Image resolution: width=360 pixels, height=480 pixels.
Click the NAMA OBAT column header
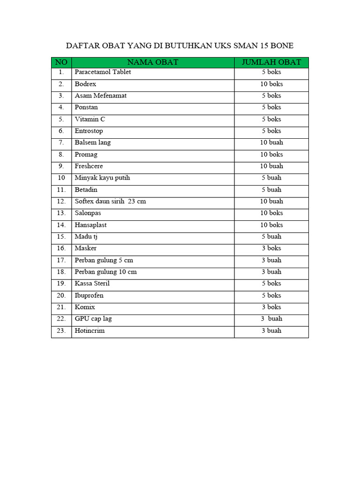[153, 62]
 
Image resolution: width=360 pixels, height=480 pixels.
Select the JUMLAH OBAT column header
[271, 62]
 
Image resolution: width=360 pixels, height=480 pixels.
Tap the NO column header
[61, 62]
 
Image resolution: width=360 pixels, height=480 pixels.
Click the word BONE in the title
[281, 45]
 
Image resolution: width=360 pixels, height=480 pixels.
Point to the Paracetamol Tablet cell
[103, 72]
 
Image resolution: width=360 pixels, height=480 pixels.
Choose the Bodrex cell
[85, 84]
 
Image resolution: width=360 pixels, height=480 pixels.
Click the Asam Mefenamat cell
[100, 96]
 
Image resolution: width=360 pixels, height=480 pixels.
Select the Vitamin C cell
[90, 119]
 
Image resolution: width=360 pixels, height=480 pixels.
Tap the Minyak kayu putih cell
[102, 178]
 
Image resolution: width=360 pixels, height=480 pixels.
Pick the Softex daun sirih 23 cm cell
[110, 201]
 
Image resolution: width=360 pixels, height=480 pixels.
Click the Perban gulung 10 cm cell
[105, 272]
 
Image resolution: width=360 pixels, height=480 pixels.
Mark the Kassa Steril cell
[92, 284]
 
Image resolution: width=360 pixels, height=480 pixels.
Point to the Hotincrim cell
[90, 330]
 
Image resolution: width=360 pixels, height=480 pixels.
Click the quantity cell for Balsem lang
[271, 142]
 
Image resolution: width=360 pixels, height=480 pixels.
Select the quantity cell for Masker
[271, 248]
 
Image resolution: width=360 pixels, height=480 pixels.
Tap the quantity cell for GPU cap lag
[271, 319]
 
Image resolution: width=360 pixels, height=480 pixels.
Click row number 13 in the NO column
[61, 213]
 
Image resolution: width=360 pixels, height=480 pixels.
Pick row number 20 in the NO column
[61, 295]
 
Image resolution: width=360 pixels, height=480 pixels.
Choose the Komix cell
[85, 307]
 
